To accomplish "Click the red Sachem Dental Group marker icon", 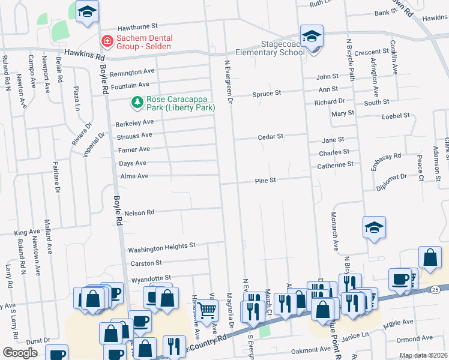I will click(x=107, y=41).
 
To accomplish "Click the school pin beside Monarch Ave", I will click(x=374, y=228).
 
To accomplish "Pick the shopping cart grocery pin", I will click(x=207, y=310).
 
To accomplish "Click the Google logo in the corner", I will click(x=20, y=353).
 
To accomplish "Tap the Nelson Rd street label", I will click(x=139, y=212).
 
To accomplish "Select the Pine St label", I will click(x=265, y=180).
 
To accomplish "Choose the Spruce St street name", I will click(x=269, y=93).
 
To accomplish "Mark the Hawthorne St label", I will click(x=137, y=26).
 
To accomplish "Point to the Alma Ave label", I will click(x=134, y=176).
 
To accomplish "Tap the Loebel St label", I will click(x=396, y=115).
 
